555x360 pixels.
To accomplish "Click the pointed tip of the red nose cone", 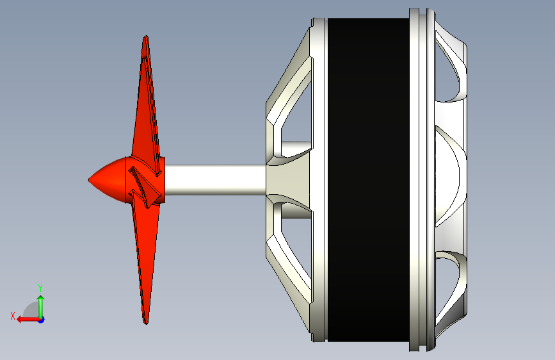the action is click(89, 180).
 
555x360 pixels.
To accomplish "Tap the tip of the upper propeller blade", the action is click(146, 36).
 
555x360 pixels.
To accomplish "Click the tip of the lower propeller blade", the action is click(146, 323).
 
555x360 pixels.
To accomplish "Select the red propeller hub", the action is click(145, 180).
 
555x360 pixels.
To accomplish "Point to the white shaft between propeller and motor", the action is click(215, 180).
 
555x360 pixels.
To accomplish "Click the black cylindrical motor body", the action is click(368, 180).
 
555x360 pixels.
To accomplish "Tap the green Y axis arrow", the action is click(41, 307).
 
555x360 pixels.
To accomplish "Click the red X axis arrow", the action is click(29, 320).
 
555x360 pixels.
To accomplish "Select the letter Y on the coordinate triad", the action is click(40, 288).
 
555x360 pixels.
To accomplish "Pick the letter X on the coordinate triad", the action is click(13, 316).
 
